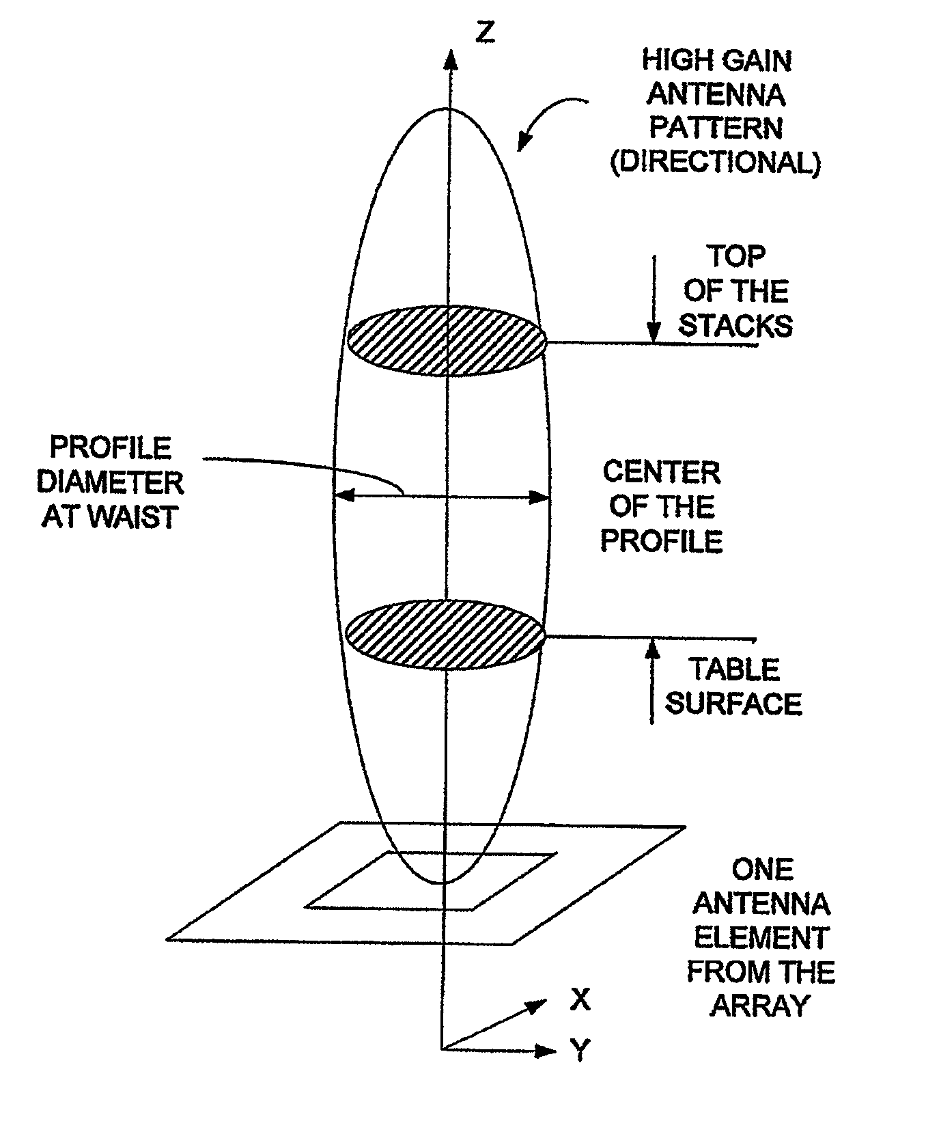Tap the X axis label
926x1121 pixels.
579,1000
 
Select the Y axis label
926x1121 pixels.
579,1051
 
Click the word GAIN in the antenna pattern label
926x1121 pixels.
754,61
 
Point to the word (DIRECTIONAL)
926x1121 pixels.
715,164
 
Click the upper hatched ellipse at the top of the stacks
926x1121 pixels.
447,341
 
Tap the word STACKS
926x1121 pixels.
735,326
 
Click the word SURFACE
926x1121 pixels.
733,704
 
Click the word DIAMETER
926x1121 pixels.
109,483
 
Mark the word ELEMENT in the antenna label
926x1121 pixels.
761,938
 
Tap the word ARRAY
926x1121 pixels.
759,1006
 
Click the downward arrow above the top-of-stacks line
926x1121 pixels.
654,299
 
